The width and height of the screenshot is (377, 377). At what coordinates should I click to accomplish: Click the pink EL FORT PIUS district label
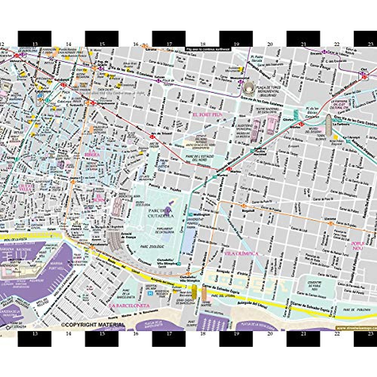pyautogui.click(x=208, y=115)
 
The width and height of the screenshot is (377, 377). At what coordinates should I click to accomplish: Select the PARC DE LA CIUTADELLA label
pyautogui.click(x=161, y=213)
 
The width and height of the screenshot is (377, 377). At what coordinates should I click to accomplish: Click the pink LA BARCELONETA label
pyautogui.click(x=129, y=305)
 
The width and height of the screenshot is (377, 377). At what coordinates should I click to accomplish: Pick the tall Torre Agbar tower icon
pyautogui.click(x=328, y=125)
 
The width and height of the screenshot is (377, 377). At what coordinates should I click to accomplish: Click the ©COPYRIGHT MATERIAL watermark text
pyautogui.click(x=93, y=325)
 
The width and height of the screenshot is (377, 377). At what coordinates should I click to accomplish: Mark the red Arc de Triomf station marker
pyautogui.click(x=152, y=137)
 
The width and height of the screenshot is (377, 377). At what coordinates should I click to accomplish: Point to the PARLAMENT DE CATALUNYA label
pyautogui.click(x=164, y=230)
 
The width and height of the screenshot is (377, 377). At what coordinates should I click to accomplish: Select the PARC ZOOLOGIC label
pyautogui.click(x=152, y=247)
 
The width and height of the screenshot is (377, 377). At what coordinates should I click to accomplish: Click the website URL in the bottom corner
pyautogui.click(x=356, y=328)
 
